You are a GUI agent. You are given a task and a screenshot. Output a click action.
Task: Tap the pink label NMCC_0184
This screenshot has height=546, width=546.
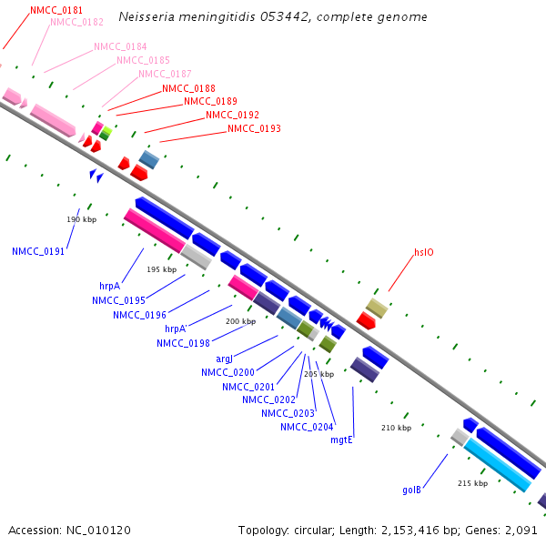tap(120, 46)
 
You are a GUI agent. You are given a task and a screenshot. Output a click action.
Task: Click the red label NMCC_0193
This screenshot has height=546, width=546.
tap(254, 128)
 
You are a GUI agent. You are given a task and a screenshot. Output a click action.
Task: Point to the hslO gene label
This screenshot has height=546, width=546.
tap(424, 253)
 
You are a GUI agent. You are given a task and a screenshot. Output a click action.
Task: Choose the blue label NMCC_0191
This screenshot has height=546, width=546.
tap(38, 251)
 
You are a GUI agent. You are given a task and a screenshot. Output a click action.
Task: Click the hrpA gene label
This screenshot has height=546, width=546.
tap(110, 286)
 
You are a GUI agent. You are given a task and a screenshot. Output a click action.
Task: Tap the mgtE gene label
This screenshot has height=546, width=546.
tap(341, 440)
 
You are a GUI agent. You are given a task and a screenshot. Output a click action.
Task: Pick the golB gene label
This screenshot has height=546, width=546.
tap(412, 490)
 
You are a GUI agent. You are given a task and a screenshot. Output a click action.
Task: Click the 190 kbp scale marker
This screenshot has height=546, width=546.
tap(81, 219)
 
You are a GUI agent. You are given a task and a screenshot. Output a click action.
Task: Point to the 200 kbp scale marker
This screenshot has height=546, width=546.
tap(241, 321)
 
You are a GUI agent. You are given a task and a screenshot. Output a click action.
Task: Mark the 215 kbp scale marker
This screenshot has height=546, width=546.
tap(472, 483)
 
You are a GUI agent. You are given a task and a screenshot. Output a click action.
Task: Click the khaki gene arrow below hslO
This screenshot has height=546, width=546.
tap(377, 308)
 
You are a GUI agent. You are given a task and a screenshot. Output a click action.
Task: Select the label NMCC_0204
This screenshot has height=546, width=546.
tap(307, 427)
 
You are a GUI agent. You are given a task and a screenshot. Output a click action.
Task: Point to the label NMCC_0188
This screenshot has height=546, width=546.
tap(188, 88)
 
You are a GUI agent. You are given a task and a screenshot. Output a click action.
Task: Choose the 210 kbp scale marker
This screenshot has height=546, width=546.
tap(396, 428)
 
